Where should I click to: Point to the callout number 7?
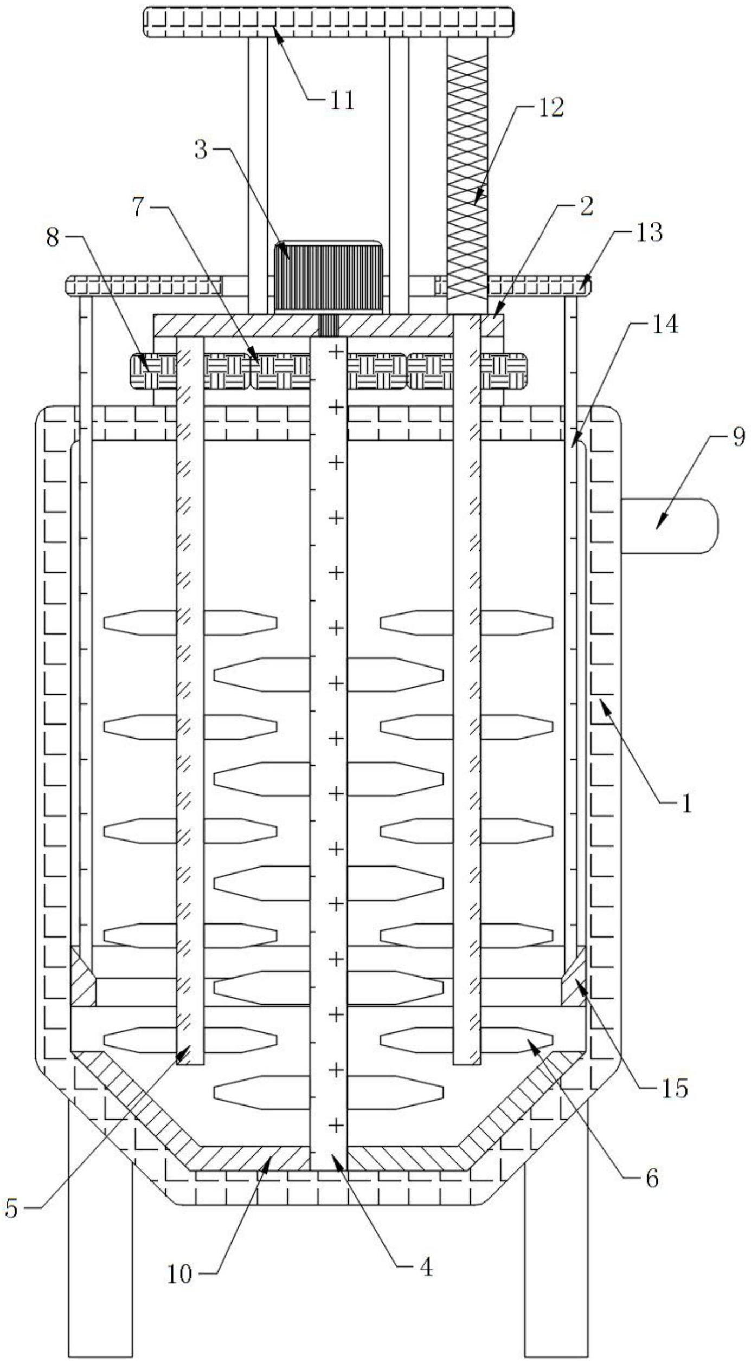tap(140, 208)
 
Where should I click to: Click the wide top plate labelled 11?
tap(329, 22)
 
